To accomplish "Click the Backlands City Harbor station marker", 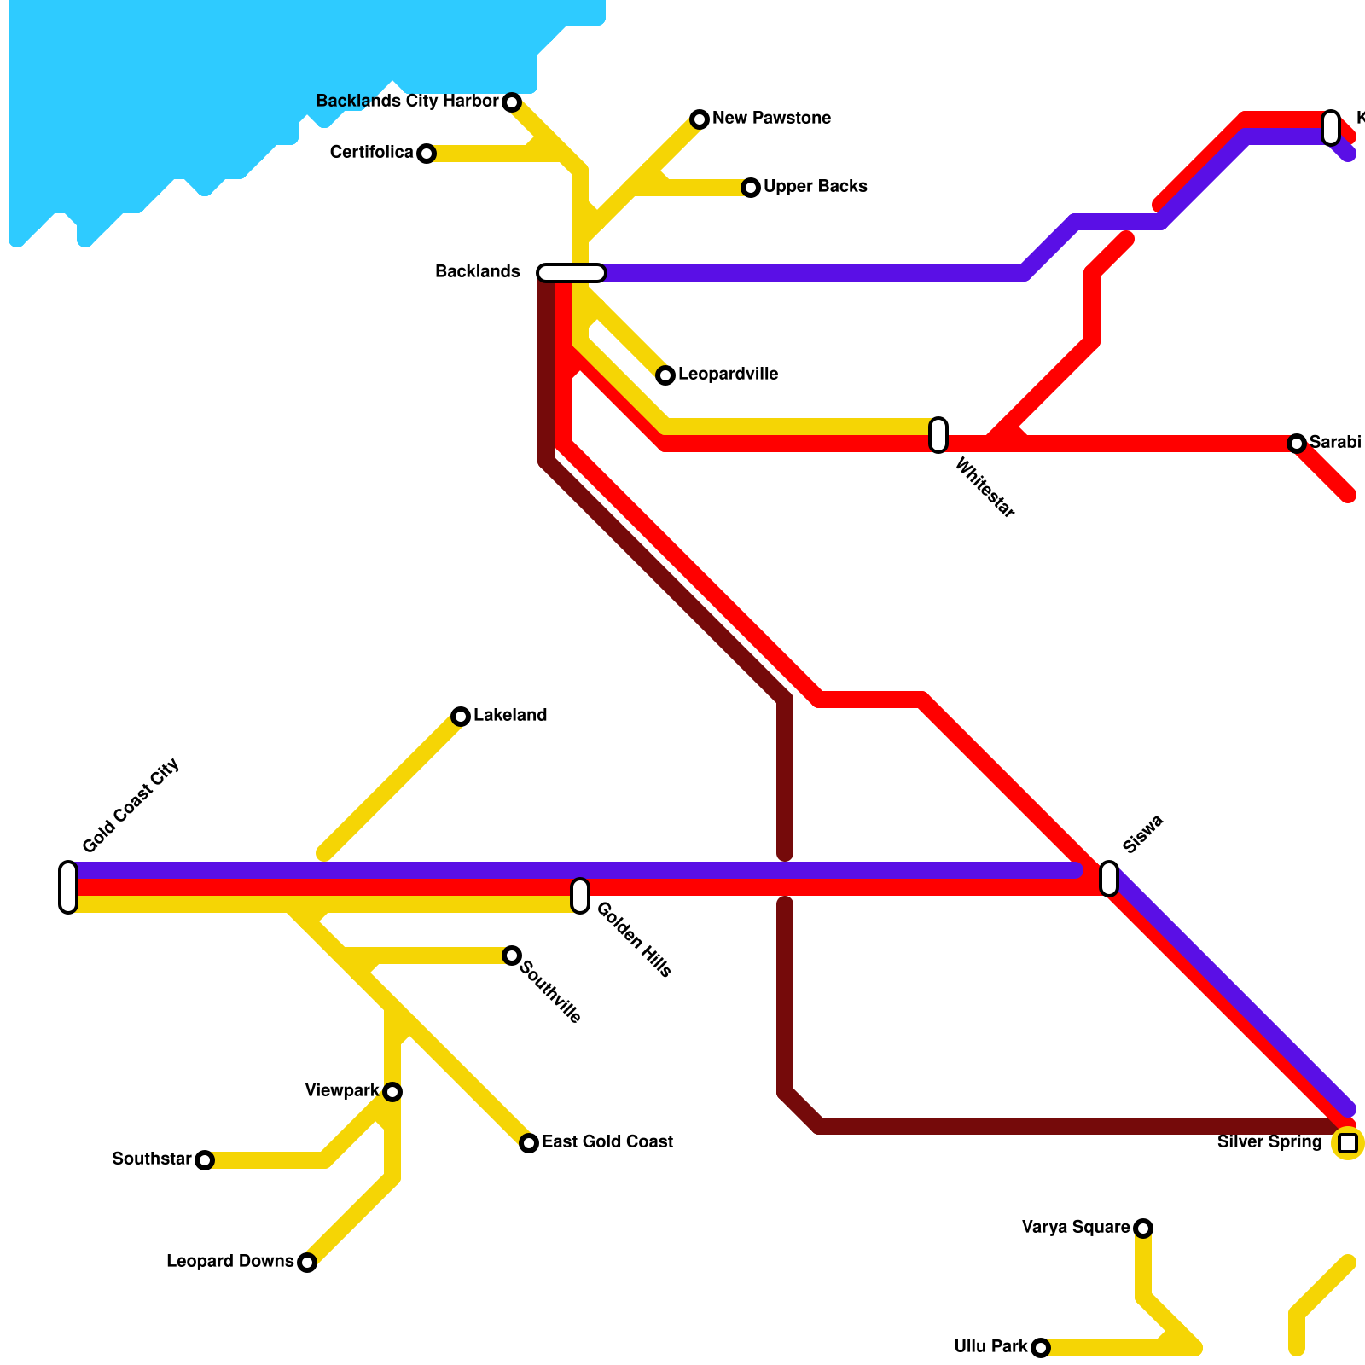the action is tap(512, 102).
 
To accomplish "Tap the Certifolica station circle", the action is tap(427, 154).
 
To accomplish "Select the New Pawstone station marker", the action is tap(700, 119).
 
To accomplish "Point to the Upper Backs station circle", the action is tap(751, 188).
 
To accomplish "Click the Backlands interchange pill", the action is tap(572, 273).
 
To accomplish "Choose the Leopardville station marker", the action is tap(665, 375).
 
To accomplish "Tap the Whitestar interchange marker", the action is tap(938, 435).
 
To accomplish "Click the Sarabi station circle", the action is tap(1297, 444).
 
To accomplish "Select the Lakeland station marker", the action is tap(461, 717).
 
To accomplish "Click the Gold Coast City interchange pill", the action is tap(68, 887).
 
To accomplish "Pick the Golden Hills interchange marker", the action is tap(580, 896).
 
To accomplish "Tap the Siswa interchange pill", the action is tap(1109, 879).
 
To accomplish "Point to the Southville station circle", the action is tap(512, 955).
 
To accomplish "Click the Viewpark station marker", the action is tap(392, 1092).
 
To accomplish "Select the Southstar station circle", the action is tap(205, 1160).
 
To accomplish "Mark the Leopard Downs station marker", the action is tap(307, 1263).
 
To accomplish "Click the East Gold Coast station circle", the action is tap(529, 1143).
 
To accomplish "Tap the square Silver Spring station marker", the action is tap(1348, 1143).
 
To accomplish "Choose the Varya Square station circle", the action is tap(1143, 1228).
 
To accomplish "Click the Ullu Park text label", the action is tap(990, 1347).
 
